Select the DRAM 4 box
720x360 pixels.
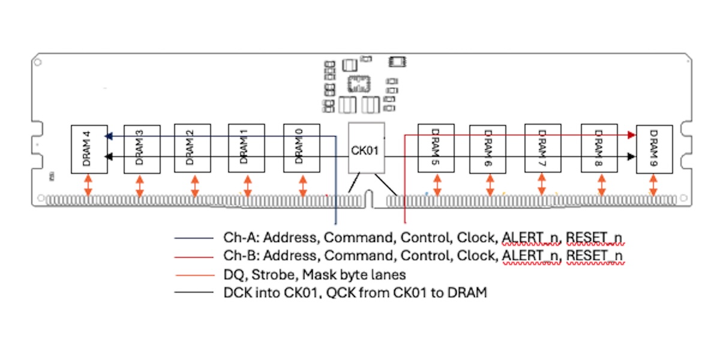click(89, 149)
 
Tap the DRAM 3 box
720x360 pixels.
click(141, 149)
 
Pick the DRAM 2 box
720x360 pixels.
click(192, 149)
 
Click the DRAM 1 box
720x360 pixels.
click(245, 149)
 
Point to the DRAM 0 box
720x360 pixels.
click(301, 149)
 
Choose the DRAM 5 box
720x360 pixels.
click(436, 149)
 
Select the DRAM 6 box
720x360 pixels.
click(487, 149)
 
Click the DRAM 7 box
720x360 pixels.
click(542, 149)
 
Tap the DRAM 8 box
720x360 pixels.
click(599, 149)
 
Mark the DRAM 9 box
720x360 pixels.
click(654, 149)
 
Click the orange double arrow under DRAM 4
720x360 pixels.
click(88, 185)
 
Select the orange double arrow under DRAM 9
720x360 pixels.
click(653, 185)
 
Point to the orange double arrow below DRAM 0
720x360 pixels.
click(301, 185)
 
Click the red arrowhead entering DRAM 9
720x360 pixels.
click(631, 136)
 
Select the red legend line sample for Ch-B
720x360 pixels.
click(193, 257)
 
